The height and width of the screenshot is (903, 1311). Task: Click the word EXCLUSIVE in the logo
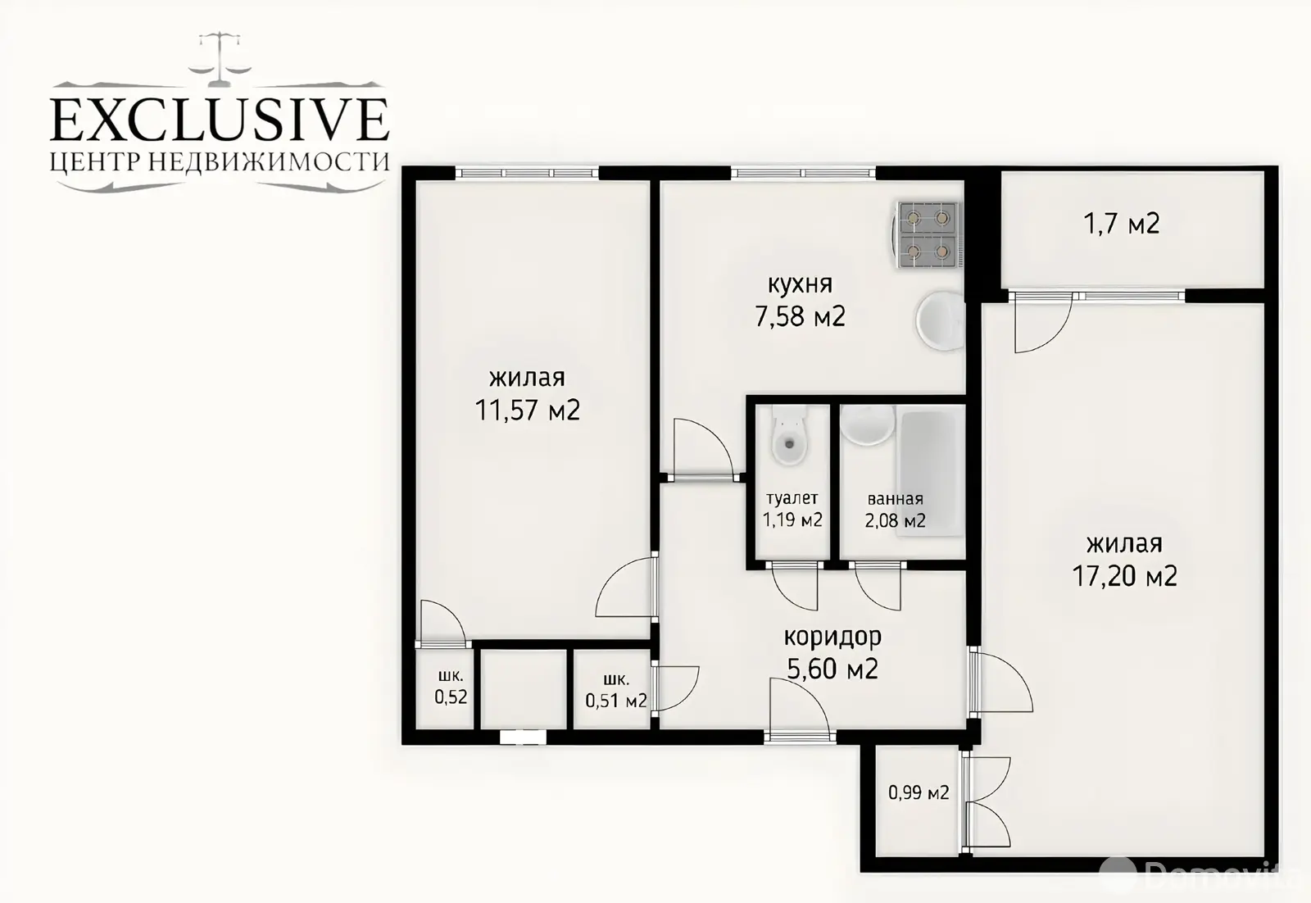pos(220,120)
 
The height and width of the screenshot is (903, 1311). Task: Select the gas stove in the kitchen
pos(928,234)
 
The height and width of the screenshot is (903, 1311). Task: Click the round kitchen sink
pos(940,321)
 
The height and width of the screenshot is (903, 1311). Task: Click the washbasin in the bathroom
pos(868,425)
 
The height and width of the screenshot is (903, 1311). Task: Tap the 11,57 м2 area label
pos(527,410)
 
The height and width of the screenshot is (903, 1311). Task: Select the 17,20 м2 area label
pos(1124,576)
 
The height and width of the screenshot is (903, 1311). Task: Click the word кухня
pos(800,285)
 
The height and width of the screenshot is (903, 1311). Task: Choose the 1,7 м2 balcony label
pos(1122,224)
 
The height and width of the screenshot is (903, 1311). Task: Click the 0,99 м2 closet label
pos(919,792)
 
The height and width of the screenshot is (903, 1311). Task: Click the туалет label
pos(792,498)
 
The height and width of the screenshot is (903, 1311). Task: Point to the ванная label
pos(895,499)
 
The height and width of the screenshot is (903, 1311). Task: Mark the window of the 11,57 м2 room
pos(527,173)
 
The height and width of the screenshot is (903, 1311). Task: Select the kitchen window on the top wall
pos(803,173)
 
